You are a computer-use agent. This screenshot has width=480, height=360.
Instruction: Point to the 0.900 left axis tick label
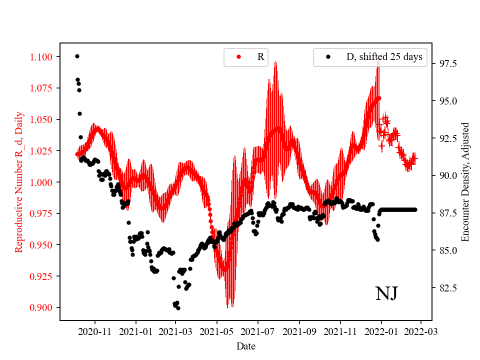tap(40, 307)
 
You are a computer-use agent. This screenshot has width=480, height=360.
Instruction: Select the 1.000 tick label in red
tap(40, 182)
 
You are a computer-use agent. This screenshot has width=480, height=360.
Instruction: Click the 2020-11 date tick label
tap(94, 331)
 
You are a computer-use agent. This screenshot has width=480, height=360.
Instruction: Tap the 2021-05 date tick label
tap(217, 331)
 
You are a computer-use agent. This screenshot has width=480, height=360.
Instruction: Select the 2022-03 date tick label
tap(420, 331)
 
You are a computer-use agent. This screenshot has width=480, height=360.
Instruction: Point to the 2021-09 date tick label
tap(299, 331)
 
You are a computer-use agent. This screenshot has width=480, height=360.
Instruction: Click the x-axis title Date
tap(246, 346)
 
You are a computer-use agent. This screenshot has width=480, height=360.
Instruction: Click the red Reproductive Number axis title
tap(19, 181)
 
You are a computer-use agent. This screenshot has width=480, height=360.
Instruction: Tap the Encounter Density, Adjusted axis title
tap(465, 181)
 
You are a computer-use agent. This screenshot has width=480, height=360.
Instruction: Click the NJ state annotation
tap(386, 293)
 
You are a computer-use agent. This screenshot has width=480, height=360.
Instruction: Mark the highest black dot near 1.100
tap(77, 56)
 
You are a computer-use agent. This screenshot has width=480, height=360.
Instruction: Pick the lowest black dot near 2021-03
tap(178, 308)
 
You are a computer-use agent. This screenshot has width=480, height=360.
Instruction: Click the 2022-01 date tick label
tap(381, 331)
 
